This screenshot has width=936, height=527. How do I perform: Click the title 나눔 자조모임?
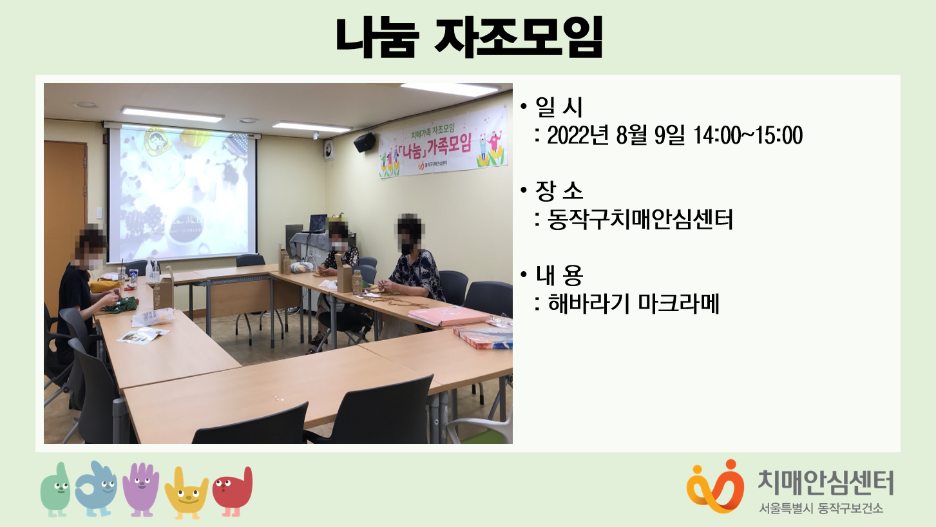(469, 37)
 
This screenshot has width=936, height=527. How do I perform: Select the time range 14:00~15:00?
(747, 135)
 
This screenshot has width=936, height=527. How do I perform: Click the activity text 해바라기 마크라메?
(633, 303)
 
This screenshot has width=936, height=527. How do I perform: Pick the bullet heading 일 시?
(559, 106)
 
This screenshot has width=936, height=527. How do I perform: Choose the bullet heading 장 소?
(559, 191)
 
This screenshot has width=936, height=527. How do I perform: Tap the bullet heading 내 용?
(559, 275)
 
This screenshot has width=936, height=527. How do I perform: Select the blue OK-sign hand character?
(96, 489)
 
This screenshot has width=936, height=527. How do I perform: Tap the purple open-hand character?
(141, 489)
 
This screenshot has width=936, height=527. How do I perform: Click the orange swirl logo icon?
(715, 487)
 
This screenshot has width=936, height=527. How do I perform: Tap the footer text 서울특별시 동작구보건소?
(821, 508)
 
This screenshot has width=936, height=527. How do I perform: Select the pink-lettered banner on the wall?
(443, 142)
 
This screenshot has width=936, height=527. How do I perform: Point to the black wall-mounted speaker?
(365, 142)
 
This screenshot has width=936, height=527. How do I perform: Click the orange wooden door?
(65, 217)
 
